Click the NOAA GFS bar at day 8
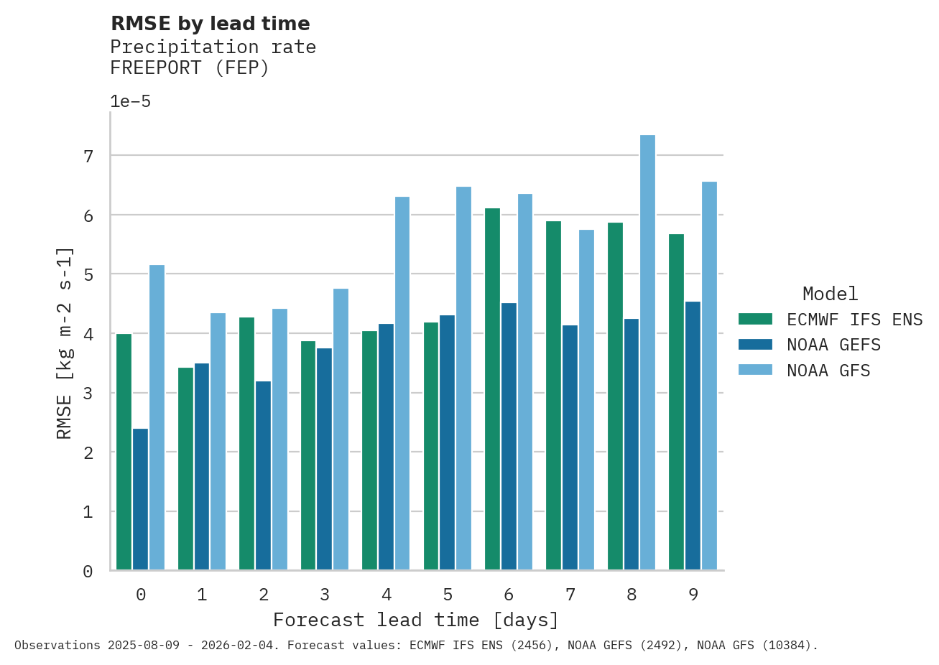coord(647,353)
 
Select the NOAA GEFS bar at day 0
coord(140,499)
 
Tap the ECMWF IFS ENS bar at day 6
coord(492,389)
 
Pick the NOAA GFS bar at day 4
coord(402,383)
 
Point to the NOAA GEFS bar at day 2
coord(263,475)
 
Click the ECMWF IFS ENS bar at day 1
coord(185,469)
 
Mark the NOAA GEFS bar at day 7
coord(570,447)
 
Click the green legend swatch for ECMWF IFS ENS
coord(755,319)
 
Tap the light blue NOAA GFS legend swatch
coord(755,370)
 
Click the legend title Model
coord(830,294)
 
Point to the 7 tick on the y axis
coord(88,156)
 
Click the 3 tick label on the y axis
coord(88,394)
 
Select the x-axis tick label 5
coord(448,595)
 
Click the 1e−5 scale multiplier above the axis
coord(130,101)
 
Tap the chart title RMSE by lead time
coord(210,24)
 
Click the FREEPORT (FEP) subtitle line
coord(189,68)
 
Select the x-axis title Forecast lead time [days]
coord(415,620)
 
